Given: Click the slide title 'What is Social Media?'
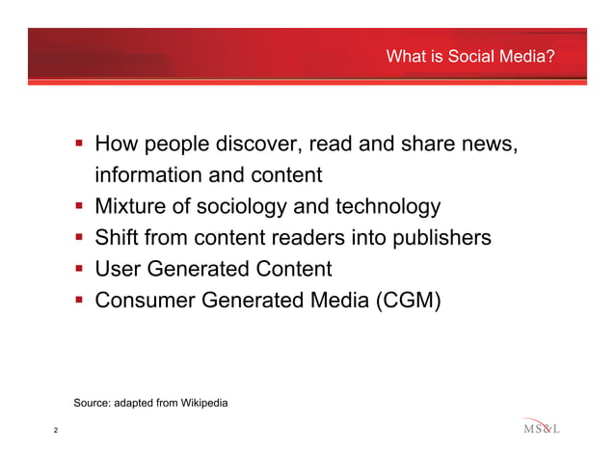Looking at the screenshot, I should click(x=469, y=58).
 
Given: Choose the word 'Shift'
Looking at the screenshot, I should click(x=119, y=238).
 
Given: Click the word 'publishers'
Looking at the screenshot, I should click(x=439, y=238).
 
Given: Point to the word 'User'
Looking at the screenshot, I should click(x=119, y=269).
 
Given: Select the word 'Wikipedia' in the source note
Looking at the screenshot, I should click(x=200, y=402).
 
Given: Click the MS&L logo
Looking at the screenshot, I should click(x=541, y=428).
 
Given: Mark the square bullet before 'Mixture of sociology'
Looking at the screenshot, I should click(x=81, y=207).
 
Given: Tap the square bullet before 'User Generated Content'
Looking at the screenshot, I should click(x=81, y=269).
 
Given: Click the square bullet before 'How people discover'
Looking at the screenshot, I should click(x=81, y=145).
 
